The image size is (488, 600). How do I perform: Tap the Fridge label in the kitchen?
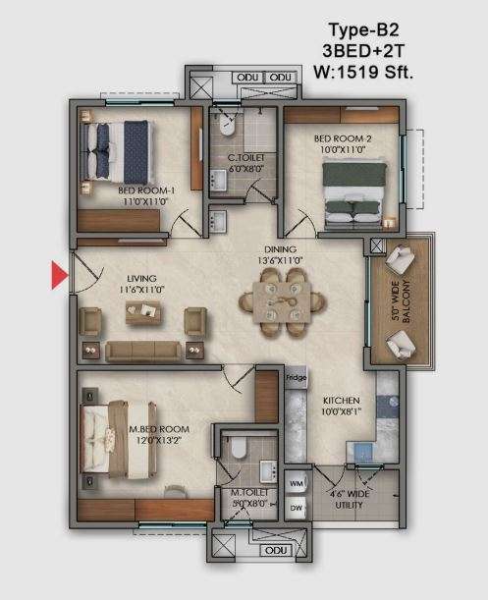tap(296, 376)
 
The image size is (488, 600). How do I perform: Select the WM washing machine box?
tap(297, 484)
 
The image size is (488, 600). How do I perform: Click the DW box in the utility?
tap(297, 507)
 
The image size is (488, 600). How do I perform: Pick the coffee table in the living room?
tap(145, 313)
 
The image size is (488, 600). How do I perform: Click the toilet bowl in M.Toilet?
tap(236, 450)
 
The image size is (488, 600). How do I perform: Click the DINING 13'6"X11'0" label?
tap(278, 255)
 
